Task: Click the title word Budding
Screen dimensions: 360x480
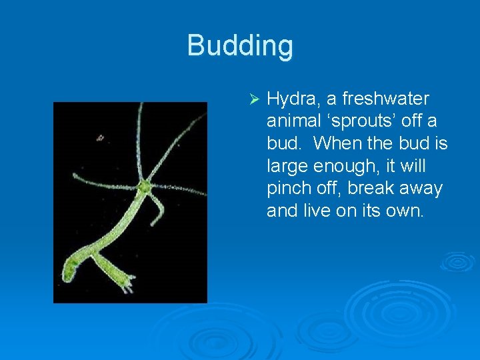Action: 240,46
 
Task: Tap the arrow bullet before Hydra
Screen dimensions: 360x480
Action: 252,99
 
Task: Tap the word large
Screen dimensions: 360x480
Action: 290,166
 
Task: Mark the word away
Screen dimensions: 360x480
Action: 423,189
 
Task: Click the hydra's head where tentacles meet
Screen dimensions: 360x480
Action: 143,187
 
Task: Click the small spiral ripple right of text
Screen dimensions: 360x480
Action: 457,261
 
